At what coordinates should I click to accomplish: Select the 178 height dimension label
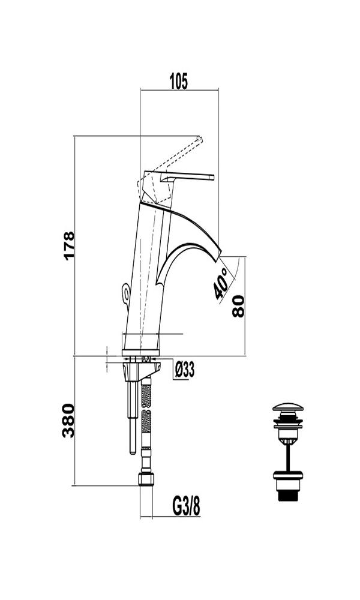(x=69, y=246)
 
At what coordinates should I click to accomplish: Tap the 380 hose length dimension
(x=68, y=421)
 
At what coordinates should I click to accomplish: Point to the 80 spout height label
(x=238, y=306)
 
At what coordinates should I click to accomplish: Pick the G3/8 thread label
(x=187, y=506)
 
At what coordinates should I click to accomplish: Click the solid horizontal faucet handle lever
(x=187, y=177)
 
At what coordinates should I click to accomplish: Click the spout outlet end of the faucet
(x=219, y=255)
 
